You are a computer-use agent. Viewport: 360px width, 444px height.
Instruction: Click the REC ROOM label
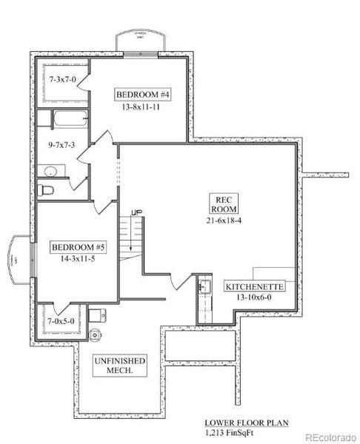coord(224,205)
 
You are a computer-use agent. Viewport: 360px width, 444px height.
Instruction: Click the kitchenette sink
coord(204,286)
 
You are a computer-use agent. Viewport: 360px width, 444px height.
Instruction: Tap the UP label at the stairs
coord(136,213)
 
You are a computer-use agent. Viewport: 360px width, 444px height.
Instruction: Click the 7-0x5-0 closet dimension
coord(61,321)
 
